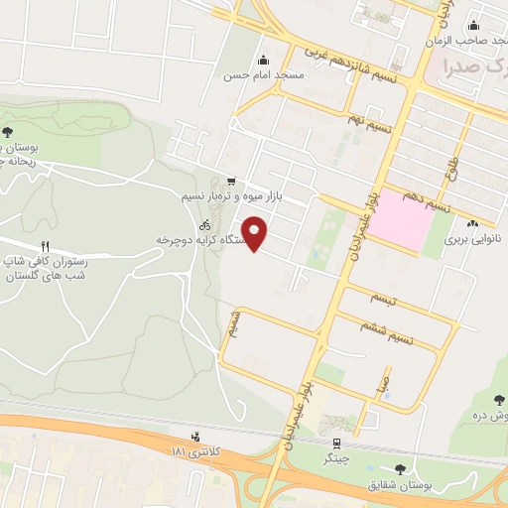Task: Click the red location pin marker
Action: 256,232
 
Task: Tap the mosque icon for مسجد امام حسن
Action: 263,59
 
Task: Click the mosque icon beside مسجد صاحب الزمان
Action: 474,26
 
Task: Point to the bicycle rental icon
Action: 204,225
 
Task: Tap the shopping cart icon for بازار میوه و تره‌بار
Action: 231,182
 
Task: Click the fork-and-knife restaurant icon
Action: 45,246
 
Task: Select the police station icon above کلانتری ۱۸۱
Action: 195,436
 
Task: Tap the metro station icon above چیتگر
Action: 337,444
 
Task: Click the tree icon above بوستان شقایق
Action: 400,468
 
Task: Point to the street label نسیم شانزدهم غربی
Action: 355,63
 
